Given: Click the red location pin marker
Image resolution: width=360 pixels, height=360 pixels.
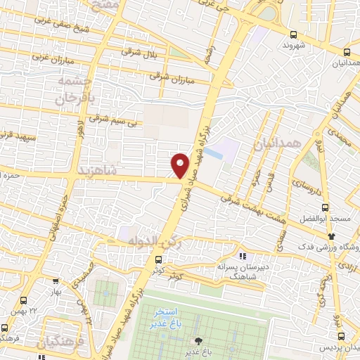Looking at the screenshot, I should coord(181,165).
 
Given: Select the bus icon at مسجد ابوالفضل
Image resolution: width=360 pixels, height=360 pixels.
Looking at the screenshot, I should coord(325,207).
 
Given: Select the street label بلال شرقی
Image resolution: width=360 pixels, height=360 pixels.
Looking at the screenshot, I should coord(139,53).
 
